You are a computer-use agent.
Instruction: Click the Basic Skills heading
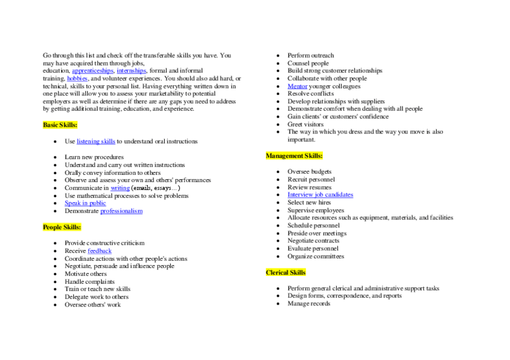60,125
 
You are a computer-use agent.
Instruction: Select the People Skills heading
62,227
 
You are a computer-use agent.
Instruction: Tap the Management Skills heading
294,156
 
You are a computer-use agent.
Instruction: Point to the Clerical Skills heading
286,273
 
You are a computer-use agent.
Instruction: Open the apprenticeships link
93,71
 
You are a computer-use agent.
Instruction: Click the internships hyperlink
131,71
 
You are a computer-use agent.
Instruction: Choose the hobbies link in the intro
78,79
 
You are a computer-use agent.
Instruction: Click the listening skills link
96,142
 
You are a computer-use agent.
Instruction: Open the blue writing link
120,188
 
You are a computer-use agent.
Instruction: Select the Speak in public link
85,203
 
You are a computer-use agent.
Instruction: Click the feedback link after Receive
100,251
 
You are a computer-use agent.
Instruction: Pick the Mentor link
297,87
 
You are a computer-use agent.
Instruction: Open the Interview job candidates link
320,195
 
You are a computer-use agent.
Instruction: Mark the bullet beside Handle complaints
55,282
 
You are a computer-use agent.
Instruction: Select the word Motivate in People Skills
77,274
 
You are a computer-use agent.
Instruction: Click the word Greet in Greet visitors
295,124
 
